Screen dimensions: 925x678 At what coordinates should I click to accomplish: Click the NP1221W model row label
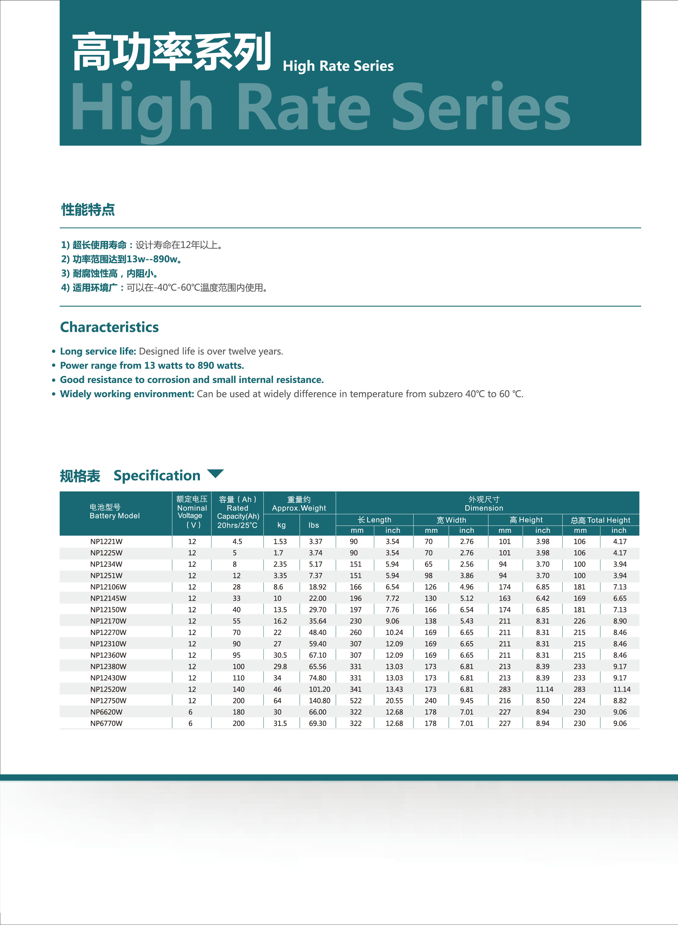[x=106, y=542]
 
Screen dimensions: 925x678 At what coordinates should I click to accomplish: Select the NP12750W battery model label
[x=108, y=701]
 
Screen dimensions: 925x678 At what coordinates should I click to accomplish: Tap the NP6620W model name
[x=106, y=712]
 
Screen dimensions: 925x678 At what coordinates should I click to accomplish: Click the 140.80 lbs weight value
[x=319, y=701]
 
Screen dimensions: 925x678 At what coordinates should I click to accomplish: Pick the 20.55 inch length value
[x=394, y=701]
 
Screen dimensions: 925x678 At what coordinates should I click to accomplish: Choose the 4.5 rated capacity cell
[x=237, y=542]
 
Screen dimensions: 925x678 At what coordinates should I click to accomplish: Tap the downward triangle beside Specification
[x=216, y=474]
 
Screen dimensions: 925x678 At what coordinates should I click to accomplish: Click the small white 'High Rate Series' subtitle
[x=338, y=66]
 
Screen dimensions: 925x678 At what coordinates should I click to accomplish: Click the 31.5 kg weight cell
[x=280, y=723]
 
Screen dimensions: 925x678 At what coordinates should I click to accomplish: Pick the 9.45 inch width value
[x=467, y=701]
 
